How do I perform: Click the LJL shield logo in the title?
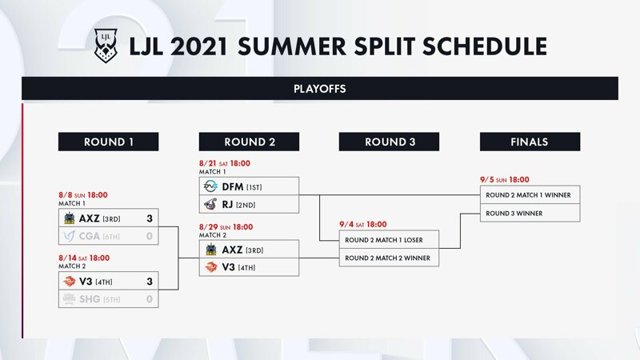coord(106,46)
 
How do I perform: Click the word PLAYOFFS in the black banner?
coord(319,89)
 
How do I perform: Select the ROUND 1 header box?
coord(108,142)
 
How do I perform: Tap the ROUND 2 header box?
coord(249,142)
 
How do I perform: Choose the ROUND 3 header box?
coord(389,142)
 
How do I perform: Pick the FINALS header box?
coord(530,142)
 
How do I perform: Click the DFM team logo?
coord(210,186)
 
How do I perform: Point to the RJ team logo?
coord(210,204)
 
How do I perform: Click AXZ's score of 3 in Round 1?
coord(150,218)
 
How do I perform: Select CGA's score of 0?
coord(150,236)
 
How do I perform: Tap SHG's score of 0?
coord(150,299)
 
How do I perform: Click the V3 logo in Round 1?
coord(70,281)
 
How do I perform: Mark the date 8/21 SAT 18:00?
coord(225,163)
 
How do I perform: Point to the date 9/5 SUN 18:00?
coord(505,179)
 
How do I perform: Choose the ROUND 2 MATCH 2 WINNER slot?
coord(389,258)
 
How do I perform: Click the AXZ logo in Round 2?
coord(210,249)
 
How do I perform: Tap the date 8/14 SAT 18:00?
coord(84,258)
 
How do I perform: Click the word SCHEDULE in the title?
coord(485,46)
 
